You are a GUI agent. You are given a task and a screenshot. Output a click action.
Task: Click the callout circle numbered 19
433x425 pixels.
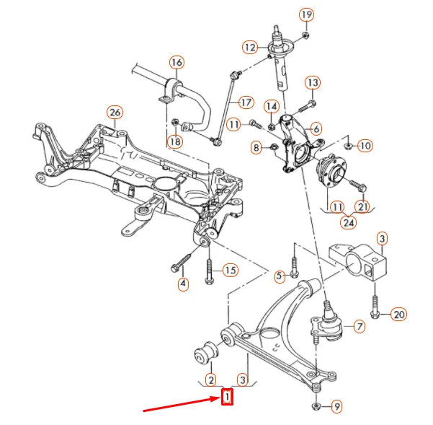306,14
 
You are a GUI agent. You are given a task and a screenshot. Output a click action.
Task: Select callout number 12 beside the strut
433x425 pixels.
250,48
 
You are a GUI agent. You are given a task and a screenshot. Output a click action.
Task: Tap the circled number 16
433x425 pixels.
176,62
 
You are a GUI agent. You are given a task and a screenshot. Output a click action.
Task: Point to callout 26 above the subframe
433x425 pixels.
114,112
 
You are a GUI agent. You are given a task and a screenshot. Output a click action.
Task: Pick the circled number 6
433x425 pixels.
315,128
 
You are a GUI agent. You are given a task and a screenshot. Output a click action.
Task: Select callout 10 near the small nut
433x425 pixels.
365,146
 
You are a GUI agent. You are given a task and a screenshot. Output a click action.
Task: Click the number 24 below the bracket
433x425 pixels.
349,222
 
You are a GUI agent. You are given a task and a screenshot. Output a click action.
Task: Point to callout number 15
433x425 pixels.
229,271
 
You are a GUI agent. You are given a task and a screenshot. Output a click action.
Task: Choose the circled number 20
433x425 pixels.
398,314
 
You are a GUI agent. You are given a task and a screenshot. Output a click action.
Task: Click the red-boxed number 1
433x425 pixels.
227,396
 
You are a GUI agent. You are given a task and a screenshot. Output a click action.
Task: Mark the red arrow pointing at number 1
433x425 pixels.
180,404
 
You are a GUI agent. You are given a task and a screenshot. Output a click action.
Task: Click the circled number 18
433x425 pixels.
174,141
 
